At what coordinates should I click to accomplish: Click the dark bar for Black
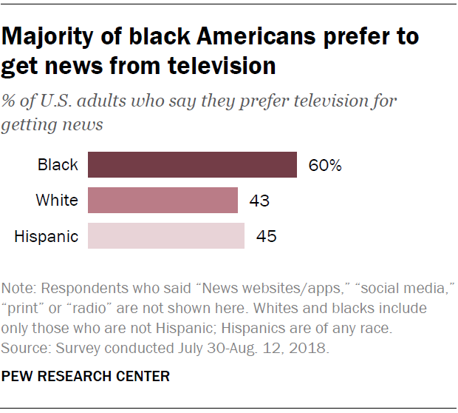tap(192, 165)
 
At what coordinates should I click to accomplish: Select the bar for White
tap(163, 201)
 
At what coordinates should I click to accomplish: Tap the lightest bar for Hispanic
tap(166, 236)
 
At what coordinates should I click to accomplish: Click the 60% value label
tap(325, 166)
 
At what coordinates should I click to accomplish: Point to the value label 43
tap(259, 201)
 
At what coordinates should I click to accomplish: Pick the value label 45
tap(266, 237)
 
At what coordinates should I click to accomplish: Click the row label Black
tap(58, 165)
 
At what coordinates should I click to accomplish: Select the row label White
tap(57, 201)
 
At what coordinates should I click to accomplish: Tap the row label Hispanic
tap(46, 237)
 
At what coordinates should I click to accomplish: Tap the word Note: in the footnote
tap(19, 287)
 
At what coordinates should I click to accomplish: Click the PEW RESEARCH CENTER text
tap(86, 377)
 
